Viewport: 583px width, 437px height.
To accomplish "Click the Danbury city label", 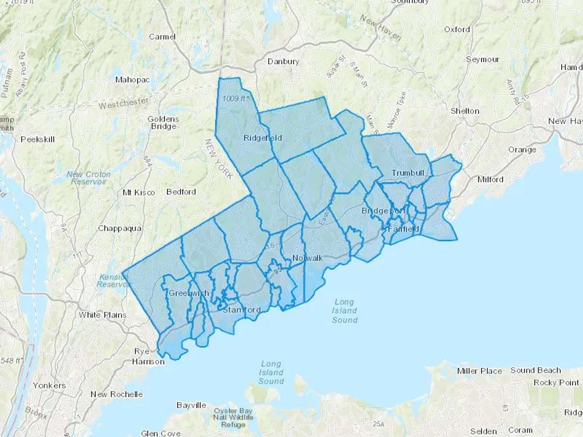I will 283,62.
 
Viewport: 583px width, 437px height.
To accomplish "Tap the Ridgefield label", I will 263,138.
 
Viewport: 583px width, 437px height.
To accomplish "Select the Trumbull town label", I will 408,173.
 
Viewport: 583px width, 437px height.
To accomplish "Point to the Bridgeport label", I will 383,211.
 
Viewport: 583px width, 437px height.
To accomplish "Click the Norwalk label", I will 307,258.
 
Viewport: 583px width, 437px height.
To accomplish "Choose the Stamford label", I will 242,309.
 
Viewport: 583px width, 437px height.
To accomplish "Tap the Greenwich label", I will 189,293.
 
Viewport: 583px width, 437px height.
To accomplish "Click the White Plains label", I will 103,315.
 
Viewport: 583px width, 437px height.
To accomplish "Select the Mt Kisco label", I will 139,193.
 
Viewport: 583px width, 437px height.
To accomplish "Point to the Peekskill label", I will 38,140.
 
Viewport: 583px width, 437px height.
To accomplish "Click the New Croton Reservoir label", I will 88,178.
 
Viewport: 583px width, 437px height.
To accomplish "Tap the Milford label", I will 490,179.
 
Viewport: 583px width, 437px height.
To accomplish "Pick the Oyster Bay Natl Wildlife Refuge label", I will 233,418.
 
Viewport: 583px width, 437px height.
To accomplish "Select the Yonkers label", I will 49,386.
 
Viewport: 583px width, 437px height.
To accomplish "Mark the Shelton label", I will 465,111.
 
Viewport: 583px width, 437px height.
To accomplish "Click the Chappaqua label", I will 120,229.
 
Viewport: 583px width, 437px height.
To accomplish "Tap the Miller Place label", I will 479,371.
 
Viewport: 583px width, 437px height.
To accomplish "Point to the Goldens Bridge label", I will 164,123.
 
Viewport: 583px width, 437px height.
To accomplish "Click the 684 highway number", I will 147,161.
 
